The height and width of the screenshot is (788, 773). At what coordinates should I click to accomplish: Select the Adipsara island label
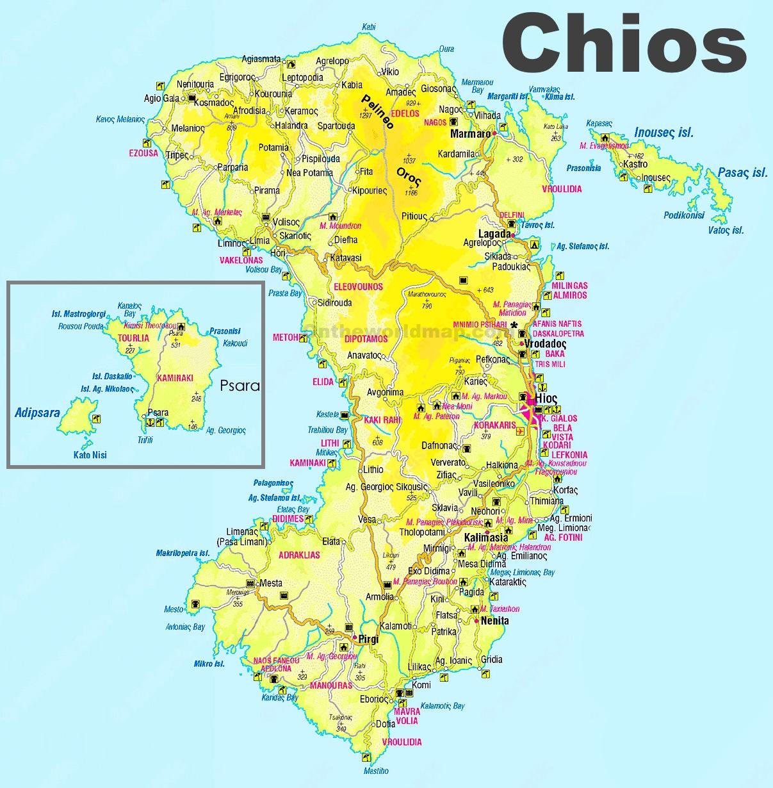click(37, 412)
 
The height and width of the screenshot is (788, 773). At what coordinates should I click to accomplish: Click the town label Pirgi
click(368, 639)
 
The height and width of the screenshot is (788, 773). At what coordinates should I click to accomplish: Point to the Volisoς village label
click(286, 222)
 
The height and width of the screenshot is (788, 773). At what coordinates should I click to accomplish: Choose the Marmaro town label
click(470, 134)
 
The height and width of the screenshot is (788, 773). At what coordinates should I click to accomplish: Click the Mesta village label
click(271, 583)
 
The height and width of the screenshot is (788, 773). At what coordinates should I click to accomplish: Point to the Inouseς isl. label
click(663, 133)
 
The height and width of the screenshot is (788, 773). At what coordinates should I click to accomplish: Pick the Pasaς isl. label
click(742, 172)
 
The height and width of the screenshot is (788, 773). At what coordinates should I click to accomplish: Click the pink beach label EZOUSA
click(143, 153)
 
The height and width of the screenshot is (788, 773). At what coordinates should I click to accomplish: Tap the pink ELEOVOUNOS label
click(358, 286)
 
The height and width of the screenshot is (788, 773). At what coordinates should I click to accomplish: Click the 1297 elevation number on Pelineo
click(366, 116)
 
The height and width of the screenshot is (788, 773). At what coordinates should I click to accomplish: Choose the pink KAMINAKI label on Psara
click(175, 378)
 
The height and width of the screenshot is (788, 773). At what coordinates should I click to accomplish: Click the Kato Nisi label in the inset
click(90, 455)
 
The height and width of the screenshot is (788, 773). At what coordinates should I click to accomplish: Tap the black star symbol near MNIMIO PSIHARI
click(514, 325)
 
